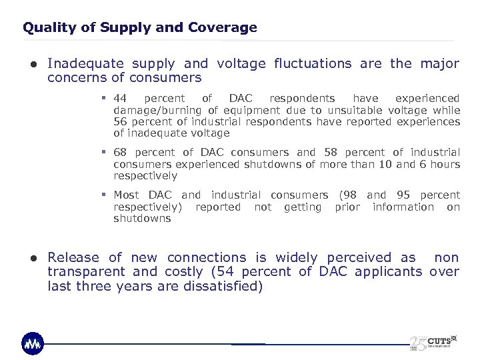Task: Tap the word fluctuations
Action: (311, 64)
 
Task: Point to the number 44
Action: (121, 98)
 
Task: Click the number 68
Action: (121, 153)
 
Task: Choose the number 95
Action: (403, 195)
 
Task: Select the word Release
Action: (73, 257)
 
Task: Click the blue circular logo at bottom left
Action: (33, 343)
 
